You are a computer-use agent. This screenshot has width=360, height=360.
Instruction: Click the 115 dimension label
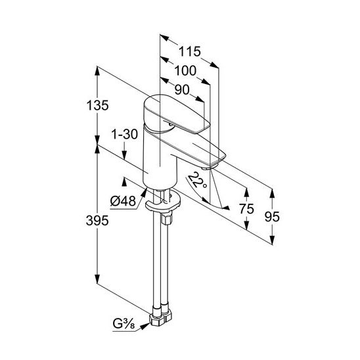coord(190,51)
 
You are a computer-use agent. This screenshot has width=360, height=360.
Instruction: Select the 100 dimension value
coord(185,70)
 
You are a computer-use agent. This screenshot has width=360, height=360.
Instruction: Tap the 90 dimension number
coord(182,89)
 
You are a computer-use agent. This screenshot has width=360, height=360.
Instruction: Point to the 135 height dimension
coord(97,106)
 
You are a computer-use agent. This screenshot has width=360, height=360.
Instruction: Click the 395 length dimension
coord(97,221)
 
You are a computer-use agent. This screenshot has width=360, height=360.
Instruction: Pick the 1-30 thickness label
coord(124,134)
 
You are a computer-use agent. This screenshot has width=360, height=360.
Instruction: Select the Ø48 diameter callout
coord(123,201)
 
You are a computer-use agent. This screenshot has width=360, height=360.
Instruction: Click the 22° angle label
coord(198,180)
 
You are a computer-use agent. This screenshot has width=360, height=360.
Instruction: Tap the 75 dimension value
coord(246,209)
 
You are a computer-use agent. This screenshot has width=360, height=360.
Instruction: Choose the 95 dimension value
coord(272,217)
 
